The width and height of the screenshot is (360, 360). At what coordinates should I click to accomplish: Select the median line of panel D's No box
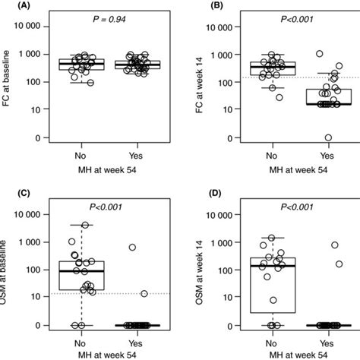(x=271, y=267)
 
